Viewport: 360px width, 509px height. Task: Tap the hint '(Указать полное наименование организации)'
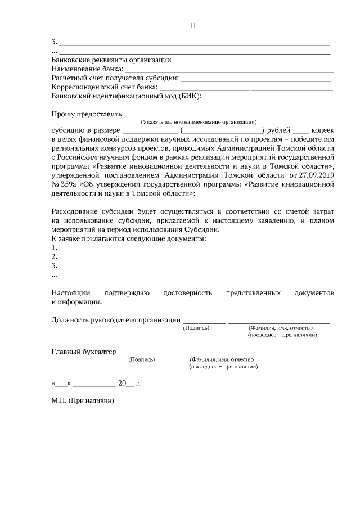tap(199, 121)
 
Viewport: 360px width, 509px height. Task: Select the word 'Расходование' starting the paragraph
tap(75, 211)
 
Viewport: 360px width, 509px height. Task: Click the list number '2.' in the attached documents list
tap(55, 256)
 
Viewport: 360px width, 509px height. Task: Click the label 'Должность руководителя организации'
tap(116, 320)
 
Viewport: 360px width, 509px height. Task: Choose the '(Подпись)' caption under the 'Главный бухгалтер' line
tap(141, 359)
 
